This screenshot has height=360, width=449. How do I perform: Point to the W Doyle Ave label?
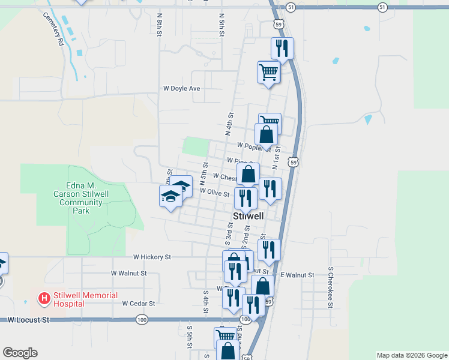[181, 88]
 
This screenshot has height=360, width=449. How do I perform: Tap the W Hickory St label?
[152, 257]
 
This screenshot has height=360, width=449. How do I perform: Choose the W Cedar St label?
[139, 304]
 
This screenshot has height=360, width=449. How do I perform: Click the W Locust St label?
[28, 320]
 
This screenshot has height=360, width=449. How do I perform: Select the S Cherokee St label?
[330, 287]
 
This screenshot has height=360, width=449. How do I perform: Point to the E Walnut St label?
[297, 275]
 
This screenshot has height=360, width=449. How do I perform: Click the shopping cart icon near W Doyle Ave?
[268, 73]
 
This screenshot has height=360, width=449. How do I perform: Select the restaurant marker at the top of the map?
[282, 49]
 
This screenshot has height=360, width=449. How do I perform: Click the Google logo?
[20, 353]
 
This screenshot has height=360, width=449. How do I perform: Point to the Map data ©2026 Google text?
[411, 355]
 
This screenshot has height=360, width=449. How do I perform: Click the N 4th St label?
[229, 123]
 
